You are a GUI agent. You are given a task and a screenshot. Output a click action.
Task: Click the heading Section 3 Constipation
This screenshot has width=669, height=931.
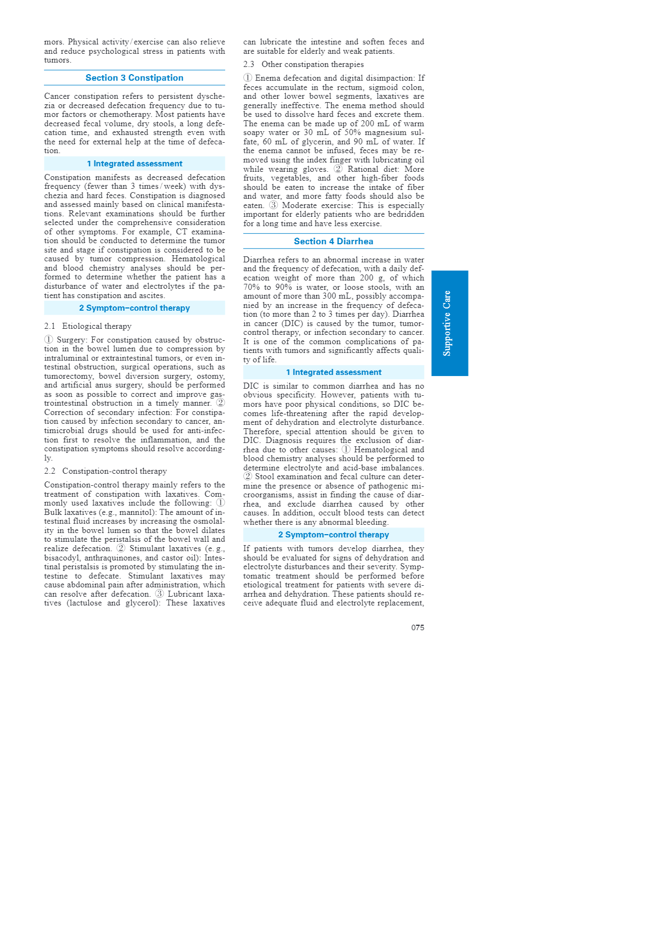[135, 78]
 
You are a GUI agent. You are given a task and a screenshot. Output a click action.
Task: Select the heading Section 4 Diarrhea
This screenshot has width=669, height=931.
[333, 242]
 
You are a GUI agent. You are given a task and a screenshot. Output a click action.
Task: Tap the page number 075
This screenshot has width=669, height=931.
[417, 627]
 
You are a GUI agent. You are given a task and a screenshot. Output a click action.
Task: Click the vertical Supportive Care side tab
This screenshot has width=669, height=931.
[449, 323]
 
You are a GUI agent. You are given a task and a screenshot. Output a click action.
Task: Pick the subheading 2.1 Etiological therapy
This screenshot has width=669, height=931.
[88, 326]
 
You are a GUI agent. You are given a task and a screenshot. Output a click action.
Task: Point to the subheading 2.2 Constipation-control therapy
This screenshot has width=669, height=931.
[105, 471]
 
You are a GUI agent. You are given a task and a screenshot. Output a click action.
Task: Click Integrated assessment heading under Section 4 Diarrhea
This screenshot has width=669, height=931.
[333, 372]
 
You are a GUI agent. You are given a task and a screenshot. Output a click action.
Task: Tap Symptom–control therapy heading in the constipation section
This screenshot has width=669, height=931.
[135, 308]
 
